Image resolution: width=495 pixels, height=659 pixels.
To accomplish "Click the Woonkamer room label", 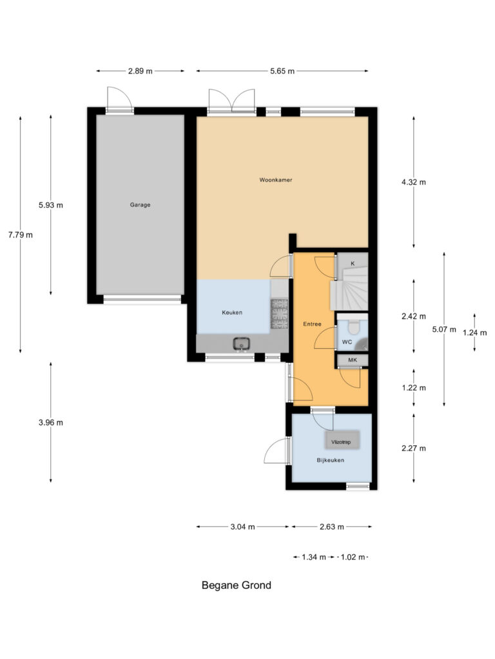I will pyautogui.click(x=276, y=180).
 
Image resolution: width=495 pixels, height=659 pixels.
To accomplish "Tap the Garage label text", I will pyautogui.click(x=140, y=205).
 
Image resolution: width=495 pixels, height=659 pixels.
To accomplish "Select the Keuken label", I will pyautogui.click(x=232, y=312).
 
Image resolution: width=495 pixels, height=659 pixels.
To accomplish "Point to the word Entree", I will pyautogui.click(x=312, y=324).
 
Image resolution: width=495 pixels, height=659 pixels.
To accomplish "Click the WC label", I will pyautogui.click(x=347, y=342).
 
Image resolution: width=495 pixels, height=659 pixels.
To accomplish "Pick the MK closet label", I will pyautogui.click(x=353, y=360).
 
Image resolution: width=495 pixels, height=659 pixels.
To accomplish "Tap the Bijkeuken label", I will pyautogui.click(x=330, y=460).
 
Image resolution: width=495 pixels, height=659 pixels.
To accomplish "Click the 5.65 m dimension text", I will pyautogui.click(x=282, y=71).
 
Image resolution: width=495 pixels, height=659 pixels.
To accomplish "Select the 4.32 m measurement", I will pyautogui.click(x=413, y=182).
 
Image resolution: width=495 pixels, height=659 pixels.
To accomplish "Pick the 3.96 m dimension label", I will pyautogui.click(x=51, y=423).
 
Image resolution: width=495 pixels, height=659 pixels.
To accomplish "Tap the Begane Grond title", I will pyautogui.click(x=237, y=585).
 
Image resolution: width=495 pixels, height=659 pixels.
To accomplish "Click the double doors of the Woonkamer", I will pyautogui.click(x=232, y=100).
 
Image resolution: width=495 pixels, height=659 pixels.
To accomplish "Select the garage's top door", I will pyautogui.click(x=119, y=100).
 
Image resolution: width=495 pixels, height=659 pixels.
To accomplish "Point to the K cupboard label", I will pyautogui.click(x=353, y=264).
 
